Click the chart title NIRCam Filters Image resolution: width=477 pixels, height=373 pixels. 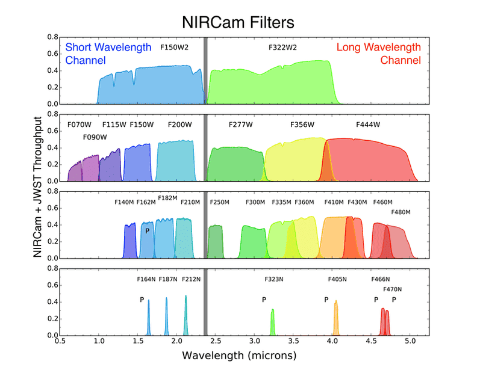tap(238, 22)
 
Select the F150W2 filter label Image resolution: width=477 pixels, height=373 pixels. tap(175, 47)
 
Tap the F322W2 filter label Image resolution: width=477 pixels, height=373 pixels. tap(283, 47)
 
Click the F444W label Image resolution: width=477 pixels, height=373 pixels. tap(368, 125)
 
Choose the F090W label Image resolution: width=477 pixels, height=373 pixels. tap(95, 137)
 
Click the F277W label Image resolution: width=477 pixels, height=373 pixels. tap(241, 125)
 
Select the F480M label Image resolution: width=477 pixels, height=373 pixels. tap(401, 212)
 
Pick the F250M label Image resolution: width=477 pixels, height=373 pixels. tap(220, 202)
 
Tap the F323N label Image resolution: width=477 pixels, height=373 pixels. tap(275, 279)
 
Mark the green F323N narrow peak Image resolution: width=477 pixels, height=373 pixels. tap(273, 322)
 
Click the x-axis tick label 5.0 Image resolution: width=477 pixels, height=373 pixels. tap(410, 344)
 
